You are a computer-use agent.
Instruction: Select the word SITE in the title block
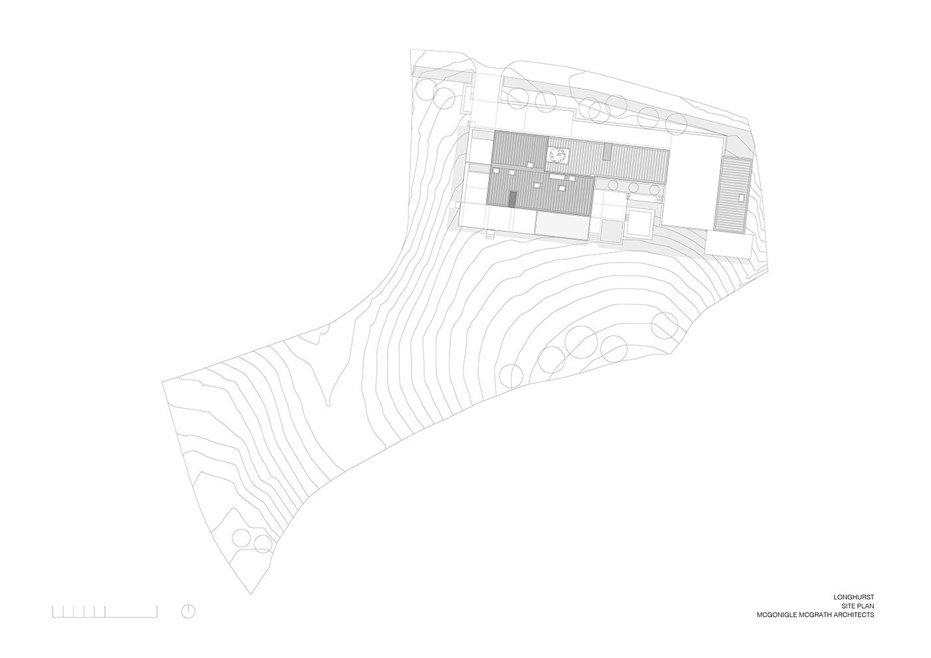(x=849, y=617)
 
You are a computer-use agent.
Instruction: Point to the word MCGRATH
(x=817, y=626)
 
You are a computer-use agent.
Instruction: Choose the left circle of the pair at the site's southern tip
(x=242, y=538)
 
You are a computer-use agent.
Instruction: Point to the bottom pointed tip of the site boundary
(x=251, y=594)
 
